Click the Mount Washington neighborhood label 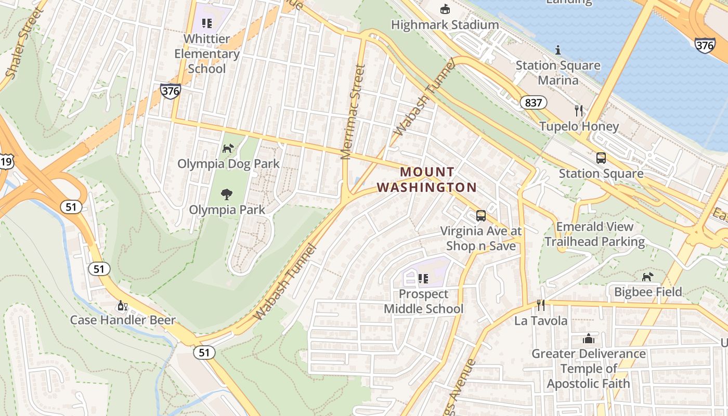(426, 179)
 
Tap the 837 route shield (534, 102)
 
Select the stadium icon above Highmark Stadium (445, 9)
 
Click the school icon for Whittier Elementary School (207, 23)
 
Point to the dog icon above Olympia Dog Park (228, 148)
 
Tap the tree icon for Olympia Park (227, 194)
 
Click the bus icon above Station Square (601, 158)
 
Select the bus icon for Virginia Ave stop (481, 215)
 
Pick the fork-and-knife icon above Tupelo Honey (578, 110)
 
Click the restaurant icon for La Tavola (541, 305)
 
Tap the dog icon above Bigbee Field (647, 277)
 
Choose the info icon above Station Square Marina (558, 50)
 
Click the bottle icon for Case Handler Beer (123, 305)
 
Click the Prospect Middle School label (423, 301)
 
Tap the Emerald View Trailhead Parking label (595, 234)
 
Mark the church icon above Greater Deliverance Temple (588, 339)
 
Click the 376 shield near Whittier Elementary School (170, 91)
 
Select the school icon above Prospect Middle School (423, 279)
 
